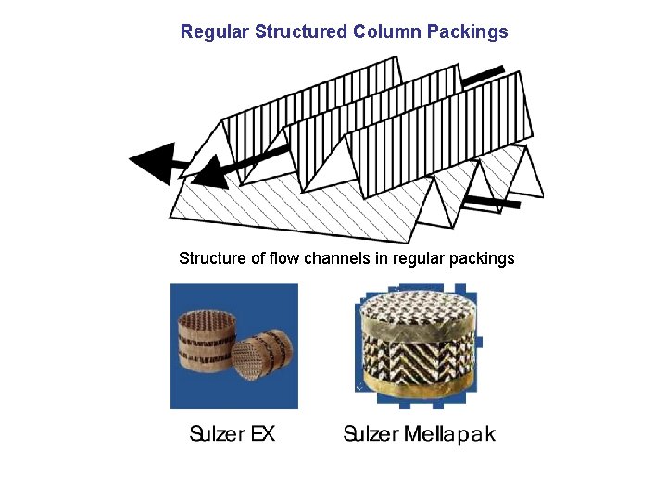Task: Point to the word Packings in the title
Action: (468, 32)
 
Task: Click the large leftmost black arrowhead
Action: (153, 164)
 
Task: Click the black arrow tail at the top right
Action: (483, 75)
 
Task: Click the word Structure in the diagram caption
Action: (212, 258)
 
